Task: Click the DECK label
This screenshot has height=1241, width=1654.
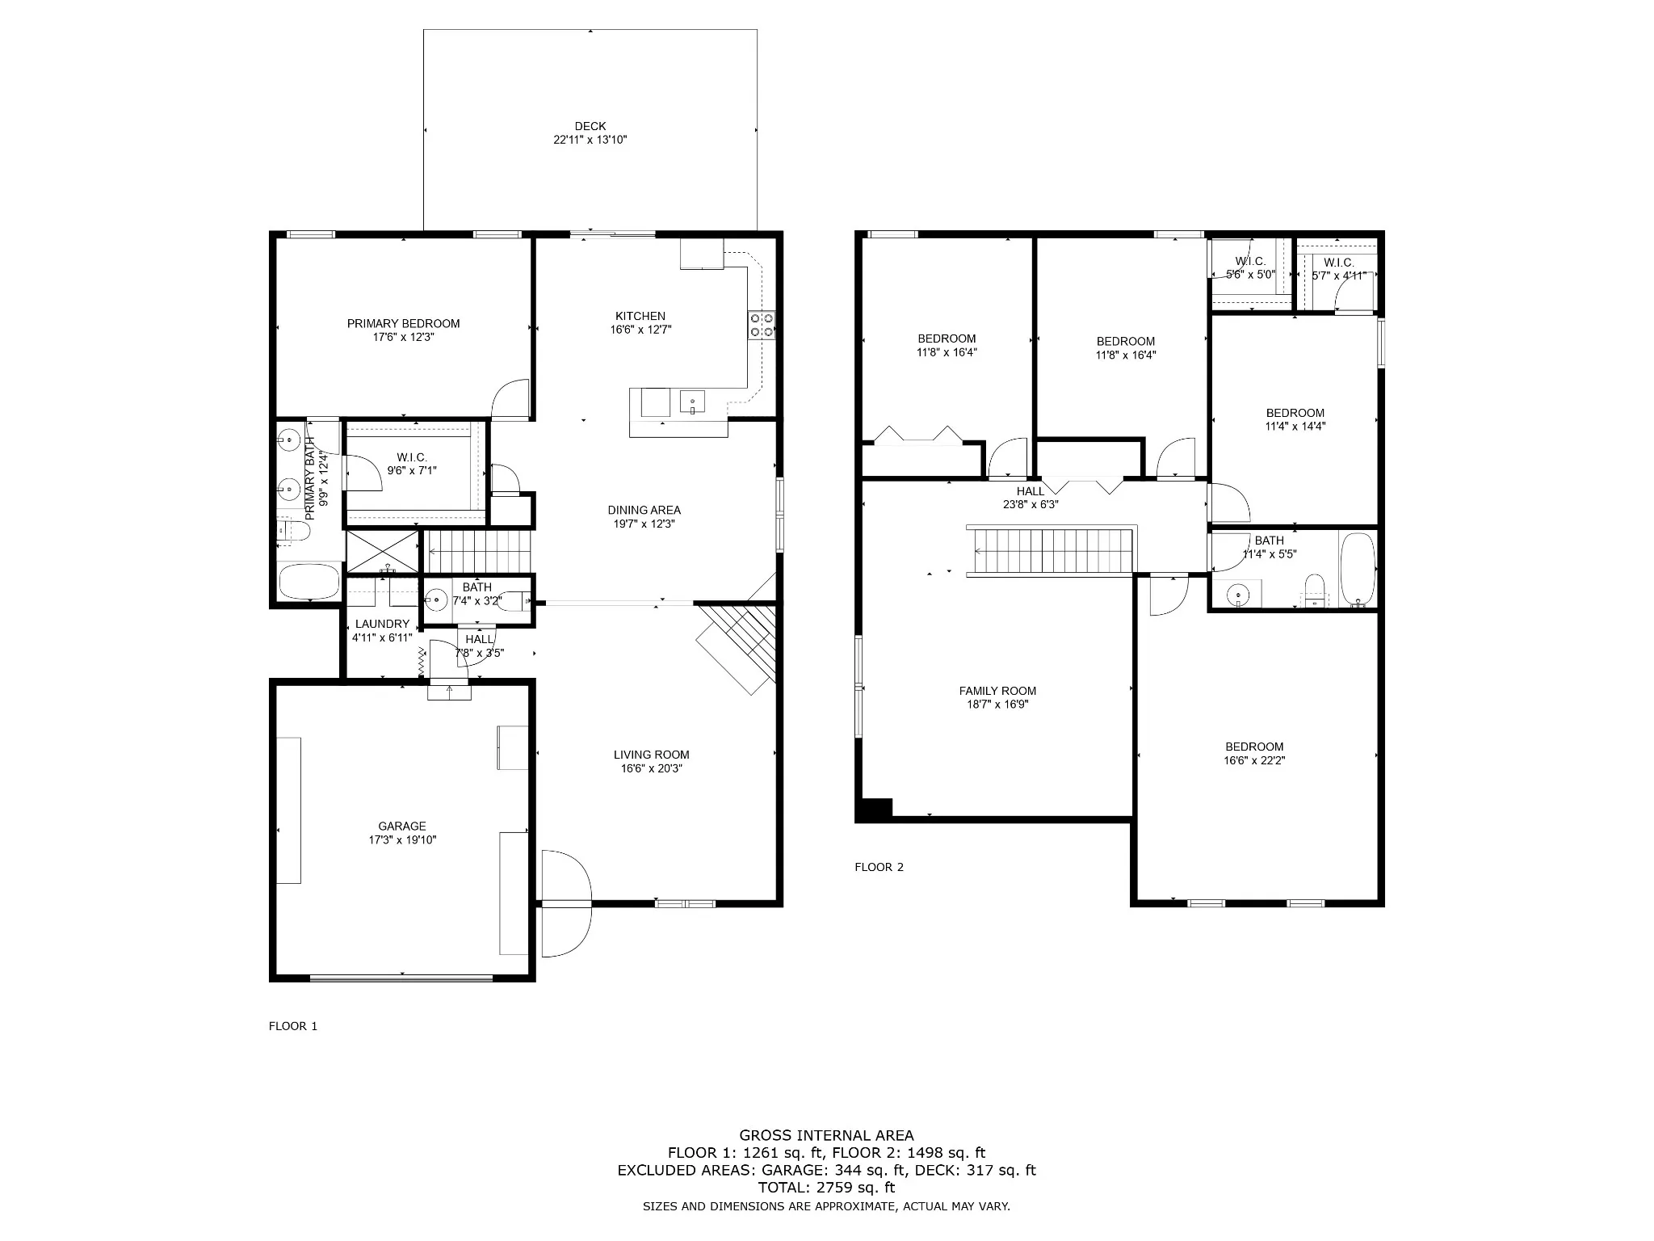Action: point(590,126)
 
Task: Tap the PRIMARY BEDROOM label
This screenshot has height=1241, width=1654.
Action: point(403,323)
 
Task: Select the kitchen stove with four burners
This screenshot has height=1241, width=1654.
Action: point(762,324)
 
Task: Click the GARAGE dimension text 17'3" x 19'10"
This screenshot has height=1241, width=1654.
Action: point(402,839)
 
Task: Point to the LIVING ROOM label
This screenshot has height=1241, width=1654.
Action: point(651,755)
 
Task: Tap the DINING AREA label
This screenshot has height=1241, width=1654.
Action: point(644,510)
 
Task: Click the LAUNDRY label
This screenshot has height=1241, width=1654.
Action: point(382,624)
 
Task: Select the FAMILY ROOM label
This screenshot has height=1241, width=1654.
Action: point(997,691)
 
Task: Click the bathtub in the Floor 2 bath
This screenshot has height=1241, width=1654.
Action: point(1357,569)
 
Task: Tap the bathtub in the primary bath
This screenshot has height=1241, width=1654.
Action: point(309,581)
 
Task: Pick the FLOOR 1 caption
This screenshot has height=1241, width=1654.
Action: point(293,1026)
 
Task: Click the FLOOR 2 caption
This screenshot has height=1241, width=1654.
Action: point(879,867)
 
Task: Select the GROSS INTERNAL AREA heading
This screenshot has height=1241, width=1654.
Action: point(826,1135)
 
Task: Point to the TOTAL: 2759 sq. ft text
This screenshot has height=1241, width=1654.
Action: point(826,1188)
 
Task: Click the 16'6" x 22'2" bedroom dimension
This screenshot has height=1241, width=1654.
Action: point(1254,760)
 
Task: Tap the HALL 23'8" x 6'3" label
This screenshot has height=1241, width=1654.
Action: point(1031,498)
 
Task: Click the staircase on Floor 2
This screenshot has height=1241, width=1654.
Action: point(1052,552)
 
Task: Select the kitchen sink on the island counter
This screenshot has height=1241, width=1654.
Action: point(692,401)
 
